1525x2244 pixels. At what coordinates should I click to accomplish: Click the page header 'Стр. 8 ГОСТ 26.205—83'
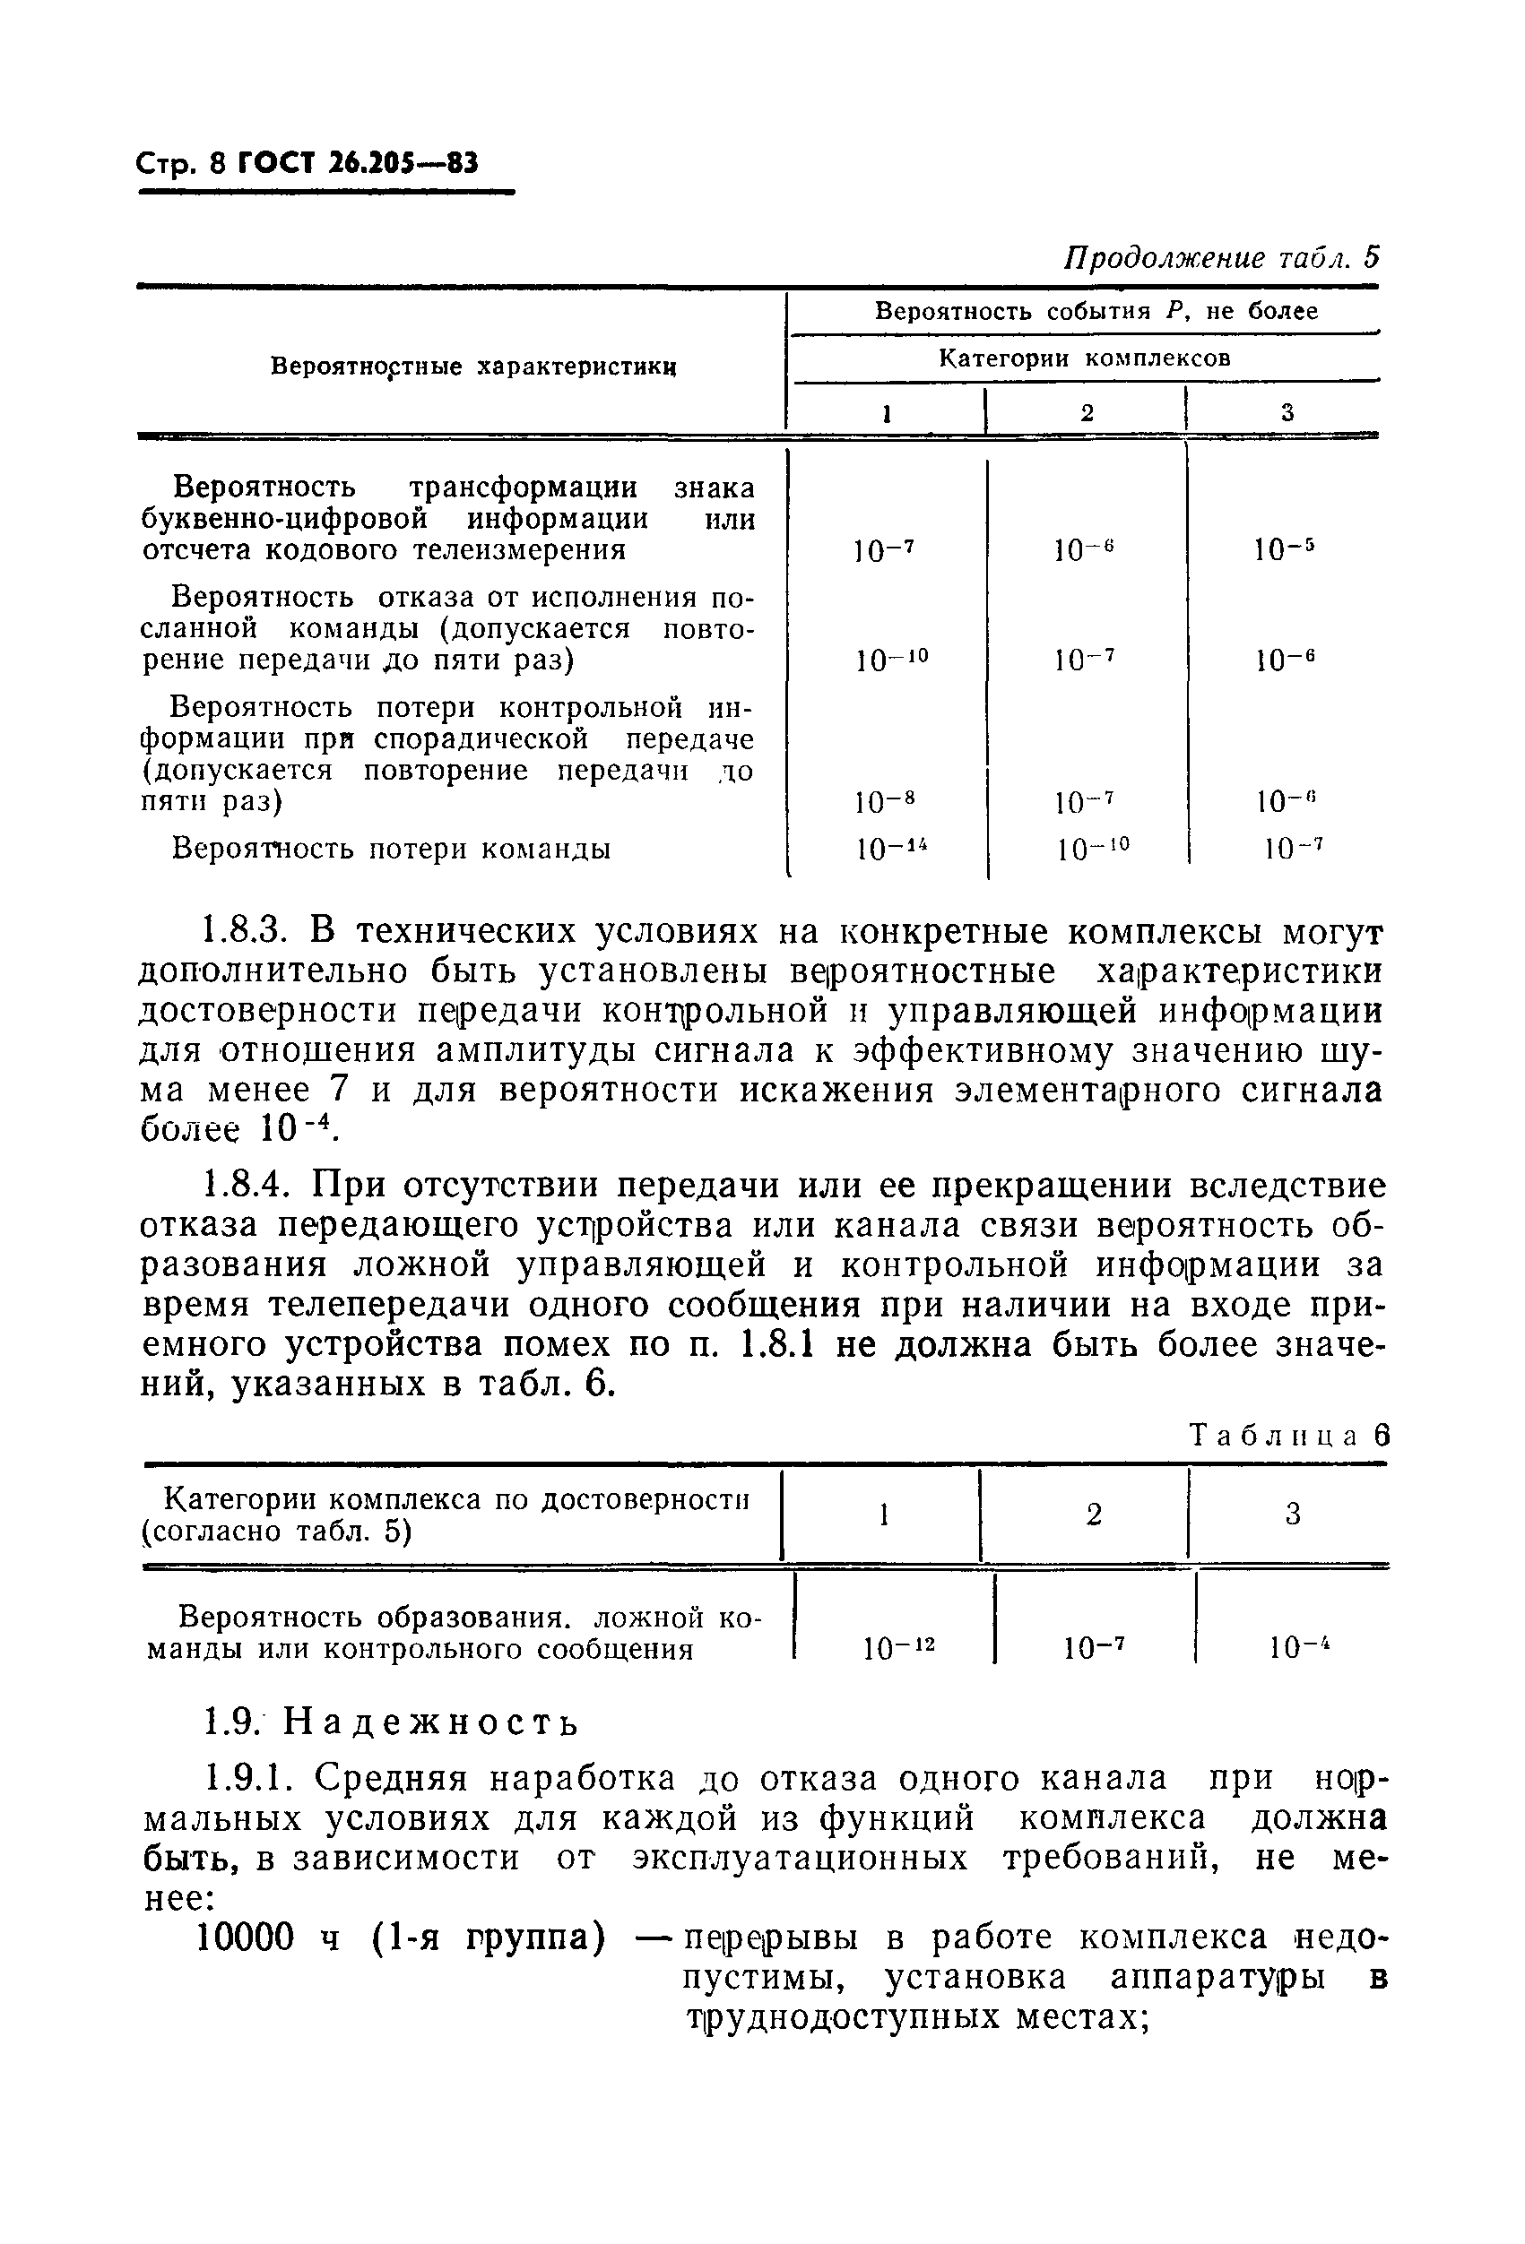(x=308, y=164)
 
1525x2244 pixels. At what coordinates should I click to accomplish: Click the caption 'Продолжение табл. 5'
(x=1221, y=258)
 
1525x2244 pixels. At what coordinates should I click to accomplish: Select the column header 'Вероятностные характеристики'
(x=472, y=366)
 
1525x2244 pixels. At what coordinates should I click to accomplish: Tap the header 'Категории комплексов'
(x=1085, y=359)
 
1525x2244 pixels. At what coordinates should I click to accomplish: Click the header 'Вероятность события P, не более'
(x=1096, y=311)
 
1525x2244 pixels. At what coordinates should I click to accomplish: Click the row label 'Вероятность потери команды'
(x=391, y=848)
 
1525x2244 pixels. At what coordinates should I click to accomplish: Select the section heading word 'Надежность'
(x=433, y=1722)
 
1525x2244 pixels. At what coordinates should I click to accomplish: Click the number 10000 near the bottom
(x=245, y=1936)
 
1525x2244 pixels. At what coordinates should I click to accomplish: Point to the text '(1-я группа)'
(x=489, y=1936)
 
